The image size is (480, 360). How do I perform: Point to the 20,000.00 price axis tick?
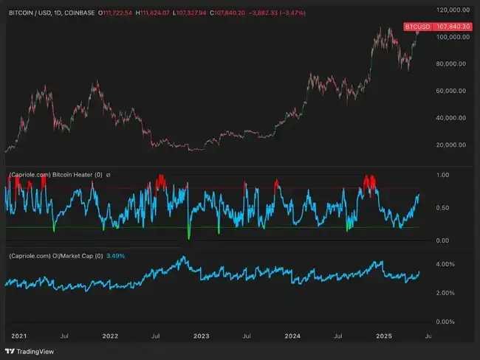pos(452,145)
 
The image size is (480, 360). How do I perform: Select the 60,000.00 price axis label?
pos(452,91)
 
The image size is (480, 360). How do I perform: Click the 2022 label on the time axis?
pos(110,336)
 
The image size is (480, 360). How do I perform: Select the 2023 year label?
pos(201,336)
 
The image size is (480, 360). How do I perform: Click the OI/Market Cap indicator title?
pos(49,256)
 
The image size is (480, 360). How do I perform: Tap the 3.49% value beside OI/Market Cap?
pos(114,256)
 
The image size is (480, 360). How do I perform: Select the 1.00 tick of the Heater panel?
pos(442,176)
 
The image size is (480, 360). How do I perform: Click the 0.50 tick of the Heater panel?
pos(442,207)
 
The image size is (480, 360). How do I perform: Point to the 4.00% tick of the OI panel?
pos(445,263)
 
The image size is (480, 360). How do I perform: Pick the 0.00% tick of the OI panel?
pos(445,322)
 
